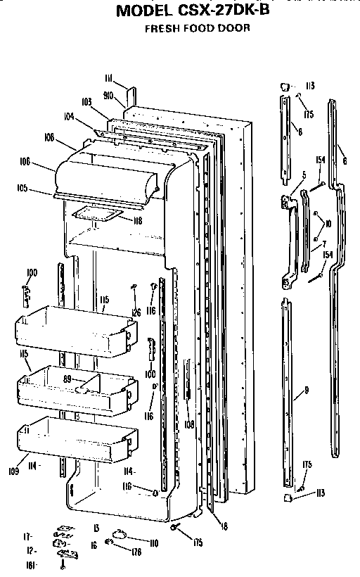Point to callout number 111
[x=108, y=77]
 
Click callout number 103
[x=86, y=102]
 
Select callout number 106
[x=25, y=161]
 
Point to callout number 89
[x=68, y=379]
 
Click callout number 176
[x=137, y=552]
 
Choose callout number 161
[x=32, y=565]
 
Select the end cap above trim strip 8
[x=284, y=86]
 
